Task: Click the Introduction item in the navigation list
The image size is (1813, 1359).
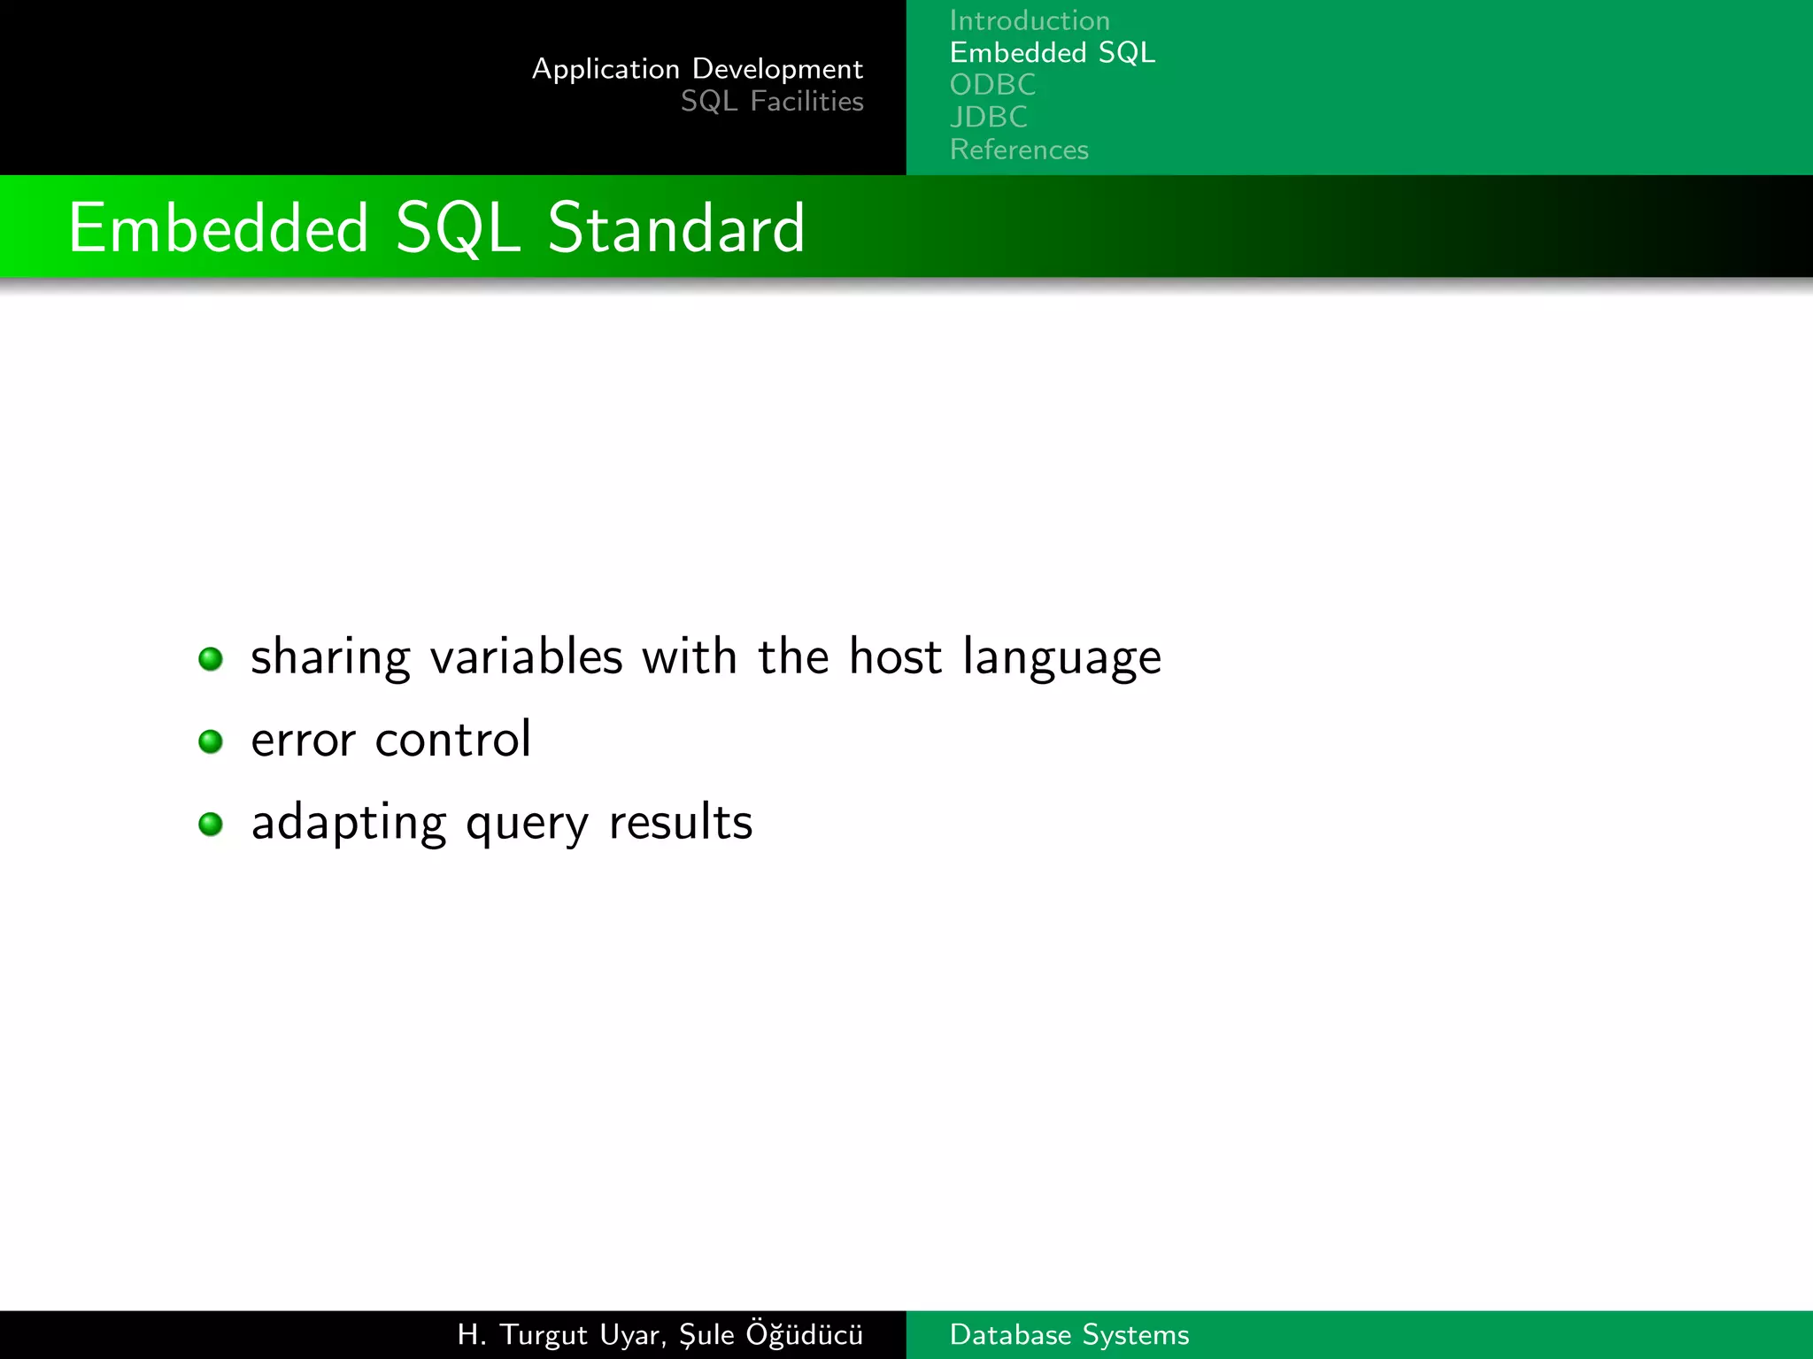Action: tap(1029, 20)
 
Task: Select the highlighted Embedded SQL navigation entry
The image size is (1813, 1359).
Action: tap(1052, 53)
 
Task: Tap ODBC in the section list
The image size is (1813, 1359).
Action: tap(992, 85)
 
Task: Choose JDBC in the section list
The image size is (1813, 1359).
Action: tap(988, 117)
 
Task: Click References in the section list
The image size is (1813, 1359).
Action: tap(1018, 150)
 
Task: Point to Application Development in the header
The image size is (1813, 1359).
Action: tap(697, 69)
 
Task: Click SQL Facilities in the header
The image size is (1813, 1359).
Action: tap(771, 102)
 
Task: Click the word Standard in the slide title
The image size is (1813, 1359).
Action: tap(676, 228)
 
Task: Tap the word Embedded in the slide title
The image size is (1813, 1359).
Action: tap(218, 228)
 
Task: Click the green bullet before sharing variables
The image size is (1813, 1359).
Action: tap(211, 659)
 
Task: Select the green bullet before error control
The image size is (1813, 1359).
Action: tap(211, 741)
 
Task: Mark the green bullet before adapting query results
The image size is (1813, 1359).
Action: tap(211, 825)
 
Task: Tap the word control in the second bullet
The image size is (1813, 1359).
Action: tap(452, 740)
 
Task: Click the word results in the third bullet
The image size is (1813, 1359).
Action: tap(680, 822)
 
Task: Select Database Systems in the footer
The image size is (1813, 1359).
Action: tap(1069, 1334)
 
